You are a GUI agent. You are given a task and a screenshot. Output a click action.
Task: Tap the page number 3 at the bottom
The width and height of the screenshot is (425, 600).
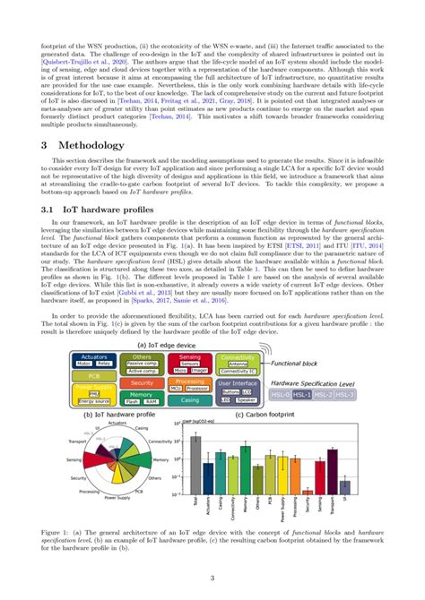coord(212,579)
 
